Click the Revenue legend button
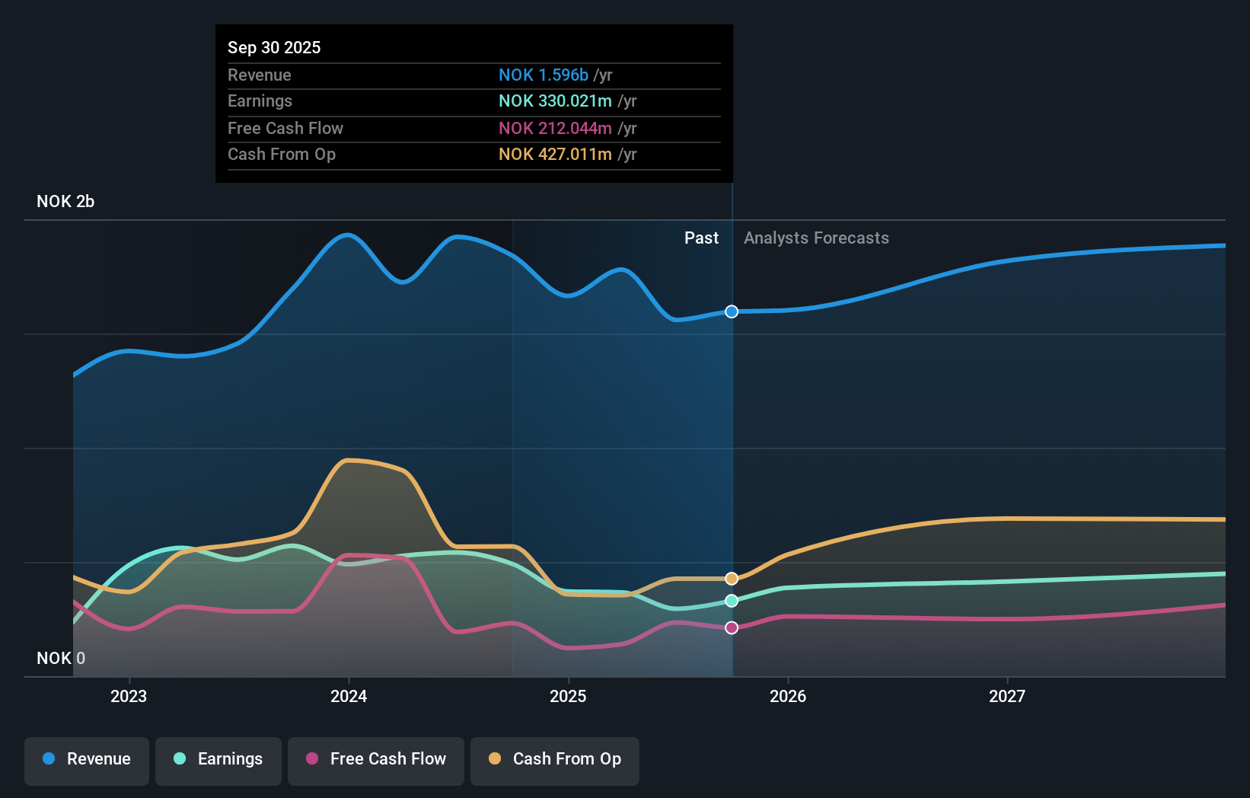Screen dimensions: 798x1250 87,760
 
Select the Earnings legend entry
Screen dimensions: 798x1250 218,760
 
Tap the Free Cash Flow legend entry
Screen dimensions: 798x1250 376,760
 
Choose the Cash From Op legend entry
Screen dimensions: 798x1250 555,760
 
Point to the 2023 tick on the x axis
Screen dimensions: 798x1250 129,696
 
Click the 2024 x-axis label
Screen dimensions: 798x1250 349,696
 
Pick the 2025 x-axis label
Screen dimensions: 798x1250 568,696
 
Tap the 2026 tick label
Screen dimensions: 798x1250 788,696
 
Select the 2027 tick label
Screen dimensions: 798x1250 1007,696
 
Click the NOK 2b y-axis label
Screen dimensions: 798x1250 65,202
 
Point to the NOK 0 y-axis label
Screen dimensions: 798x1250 61,659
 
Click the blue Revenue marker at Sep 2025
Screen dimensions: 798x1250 732,311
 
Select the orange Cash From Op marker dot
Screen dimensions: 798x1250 732,579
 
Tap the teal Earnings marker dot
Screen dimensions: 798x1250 732,601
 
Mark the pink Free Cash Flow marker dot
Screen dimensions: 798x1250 732,627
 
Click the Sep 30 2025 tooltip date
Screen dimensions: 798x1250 274,47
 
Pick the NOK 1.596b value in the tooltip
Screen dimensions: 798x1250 544,75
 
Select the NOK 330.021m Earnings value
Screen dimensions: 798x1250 555,101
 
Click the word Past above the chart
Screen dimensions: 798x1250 701,238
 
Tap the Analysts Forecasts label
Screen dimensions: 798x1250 816,238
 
